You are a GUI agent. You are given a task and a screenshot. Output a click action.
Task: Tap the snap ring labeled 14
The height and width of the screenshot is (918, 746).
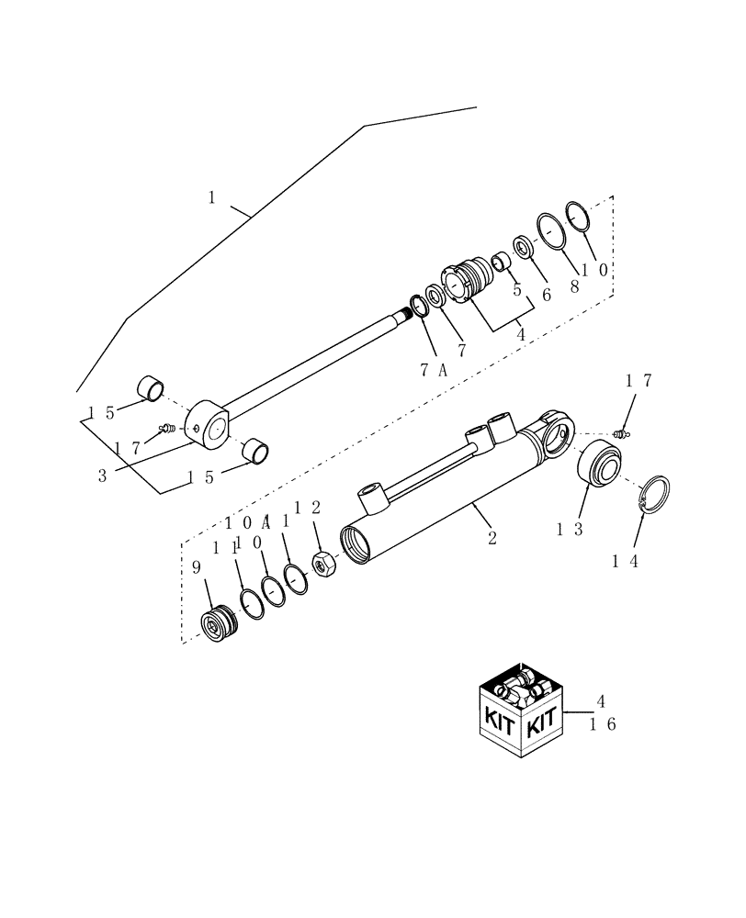pyautogui.click(x=654, y=497)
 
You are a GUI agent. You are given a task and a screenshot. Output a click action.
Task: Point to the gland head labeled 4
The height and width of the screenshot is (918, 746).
pyautogui.click(x=468, y=281)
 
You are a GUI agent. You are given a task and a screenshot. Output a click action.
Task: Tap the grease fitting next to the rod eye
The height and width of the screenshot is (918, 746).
pyautogui.click(x=166, y=427)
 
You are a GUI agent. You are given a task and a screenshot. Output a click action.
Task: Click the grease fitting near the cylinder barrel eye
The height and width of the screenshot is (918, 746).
pyautogui.click(x=623, y=432)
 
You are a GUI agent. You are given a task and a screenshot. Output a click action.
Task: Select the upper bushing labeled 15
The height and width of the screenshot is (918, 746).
pyautogui.click(x=151, y=388)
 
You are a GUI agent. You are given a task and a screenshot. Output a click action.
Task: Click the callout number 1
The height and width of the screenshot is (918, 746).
pyautogui.click(x=212, y=197)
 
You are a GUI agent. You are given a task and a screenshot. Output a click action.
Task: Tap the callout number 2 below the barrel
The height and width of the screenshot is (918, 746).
pyautogui.click(x=492, y=538)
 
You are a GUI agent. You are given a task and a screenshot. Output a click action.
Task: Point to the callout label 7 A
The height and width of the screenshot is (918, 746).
pyautogui.click(x=433, y=369)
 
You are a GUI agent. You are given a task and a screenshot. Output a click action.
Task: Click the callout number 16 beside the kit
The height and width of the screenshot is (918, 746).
pyautogui.click(x=602, y=724)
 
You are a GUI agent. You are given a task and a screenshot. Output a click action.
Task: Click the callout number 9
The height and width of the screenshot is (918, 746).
pyautogui.click(x=196, y=568)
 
